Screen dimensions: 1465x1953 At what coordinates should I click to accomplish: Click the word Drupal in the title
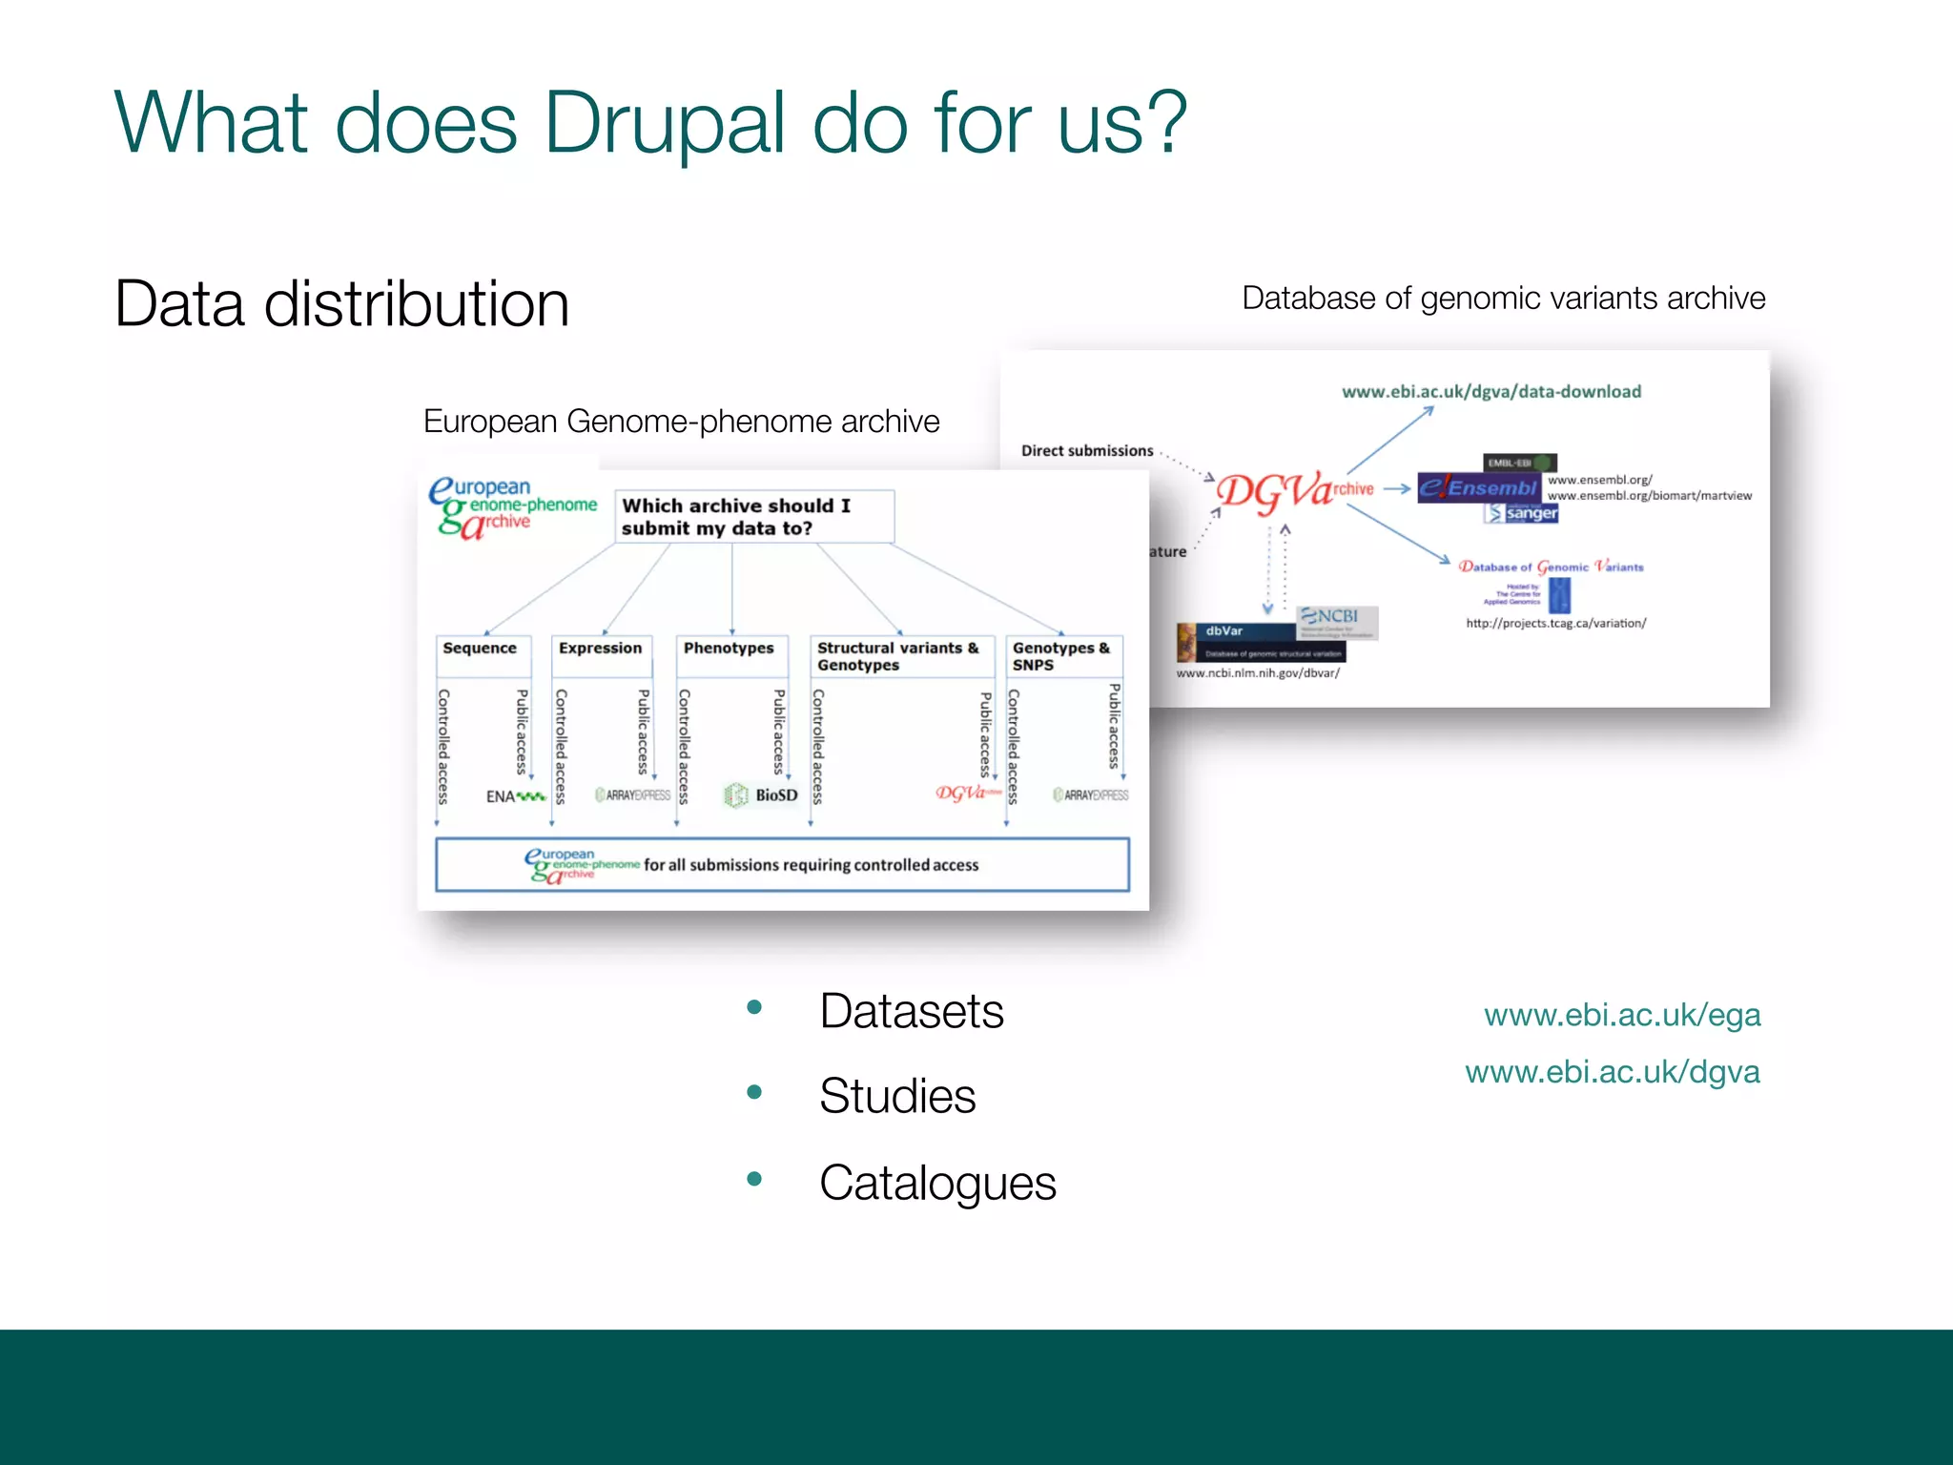(x=664, y=124)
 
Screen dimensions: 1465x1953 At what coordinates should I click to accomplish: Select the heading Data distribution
(x=341, y=304)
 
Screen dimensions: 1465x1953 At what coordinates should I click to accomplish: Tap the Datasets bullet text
(x=911, y=1011)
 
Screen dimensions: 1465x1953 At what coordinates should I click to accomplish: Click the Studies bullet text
(x=896, y=1096)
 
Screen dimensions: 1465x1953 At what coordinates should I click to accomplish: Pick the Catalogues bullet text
(x=936, y=1183)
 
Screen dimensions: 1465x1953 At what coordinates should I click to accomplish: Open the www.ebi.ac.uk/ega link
(x=1621, y=1015)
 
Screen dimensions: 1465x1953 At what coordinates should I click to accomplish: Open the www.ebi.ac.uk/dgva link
(x=1612, y=1072)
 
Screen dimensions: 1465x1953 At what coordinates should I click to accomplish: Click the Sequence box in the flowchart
(x=480, y=649)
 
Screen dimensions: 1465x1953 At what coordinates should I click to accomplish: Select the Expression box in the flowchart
(x=601, y=649)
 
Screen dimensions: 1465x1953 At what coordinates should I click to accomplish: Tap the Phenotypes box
(x=730, y=649)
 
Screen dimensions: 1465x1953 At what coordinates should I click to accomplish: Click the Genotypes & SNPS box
(x=1061, y=656)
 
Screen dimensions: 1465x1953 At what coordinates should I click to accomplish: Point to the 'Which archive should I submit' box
(x=753, y=516)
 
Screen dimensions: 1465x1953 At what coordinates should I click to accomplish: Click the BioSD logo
(x=762, y=794)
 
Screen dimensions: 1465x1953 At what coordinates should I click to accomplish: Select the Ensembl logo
(x=1477, y=487)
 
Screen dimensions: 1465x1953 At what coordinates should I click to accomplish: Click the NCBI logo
(x=1336, y=618)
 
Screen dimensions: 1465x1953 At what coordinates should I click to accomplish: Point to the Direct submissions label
(x=1087, y=451)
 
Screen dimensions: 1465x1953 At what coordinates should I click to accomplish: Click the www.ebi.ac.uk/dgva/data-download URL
(x=1490, y=392)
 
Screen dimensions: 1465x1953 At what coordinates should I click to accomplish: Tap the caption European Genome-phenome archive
(x=681, y=422)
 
